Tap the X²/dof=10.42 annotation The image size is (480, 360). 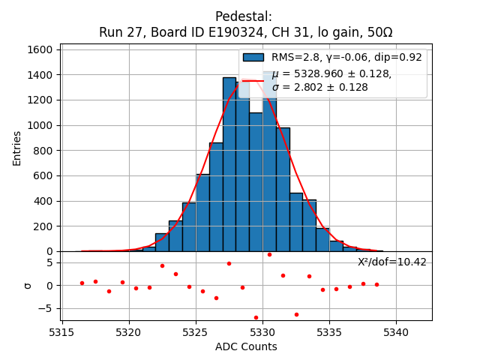(391, 262)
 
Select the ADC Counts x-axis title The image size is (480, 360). (246, 346)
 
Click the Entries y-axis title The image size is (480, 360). (17, 148)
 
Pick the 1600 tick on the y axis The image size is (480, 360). (40, 49)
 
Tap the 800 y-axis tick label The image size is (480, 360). (43, 150)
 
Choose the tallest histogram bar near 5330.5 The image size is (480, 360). (269, 165)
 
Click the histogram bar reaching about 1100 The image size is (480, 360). (256, 184)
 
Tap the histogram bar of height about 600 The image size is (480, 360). (202, 214)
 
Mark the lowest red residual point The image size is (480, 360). (256, 317)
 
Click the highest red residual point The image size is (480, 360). (269, 254)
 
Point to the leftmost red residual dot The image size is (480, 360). (82, 283)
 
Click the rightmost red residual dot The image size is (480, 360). (376, 284)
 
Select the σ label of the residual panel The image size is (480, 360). (28, 285)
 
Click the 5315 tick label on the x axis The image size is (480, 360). (61, 330)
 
